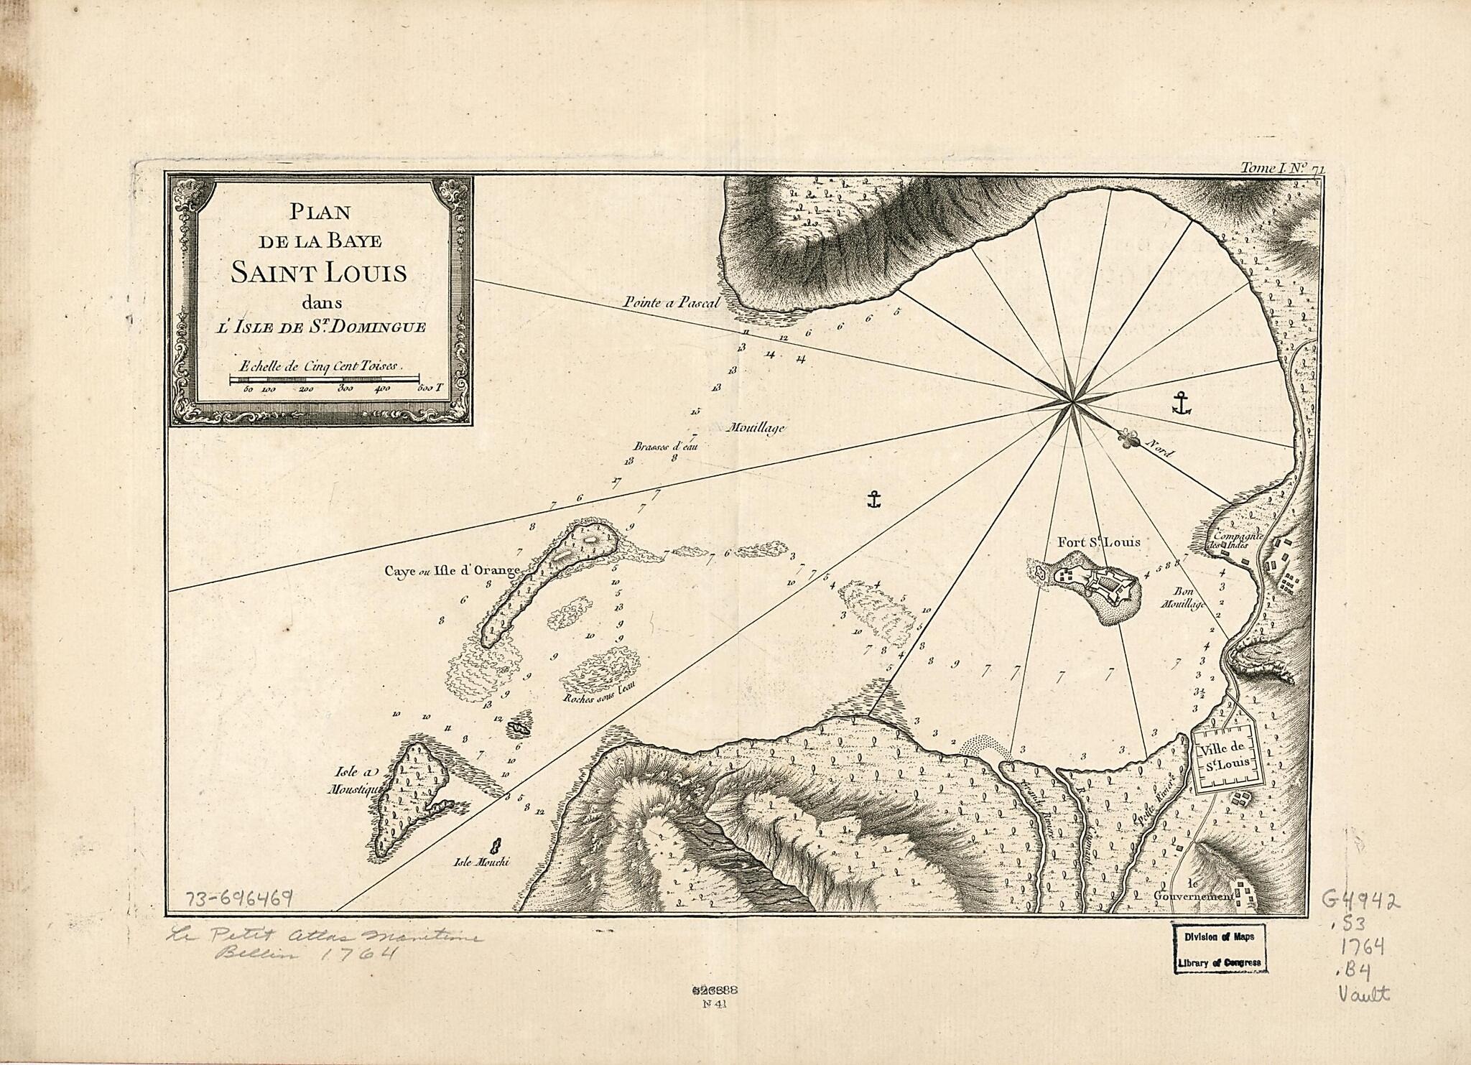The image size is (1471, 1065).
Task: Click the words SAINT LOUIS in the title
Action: pos(319,274)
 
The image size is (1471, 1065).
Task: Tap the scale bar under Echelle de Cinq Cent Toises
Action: pos(324,378)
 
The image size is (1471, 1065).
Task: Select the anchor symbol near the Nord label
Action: pos(1181,404)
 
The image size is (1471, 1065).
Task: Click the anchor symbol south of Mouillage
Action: pos(873,500)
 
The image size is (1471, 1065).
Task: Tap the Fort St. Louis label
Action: pos(1098,542)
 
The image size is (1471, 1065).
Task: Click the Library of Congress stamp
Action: pos(1219,947)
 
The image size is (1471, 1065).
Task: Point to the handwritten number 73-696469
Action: pos(239,898)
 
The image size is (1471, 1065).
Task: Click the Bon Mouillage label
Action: pos(1182,598)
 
